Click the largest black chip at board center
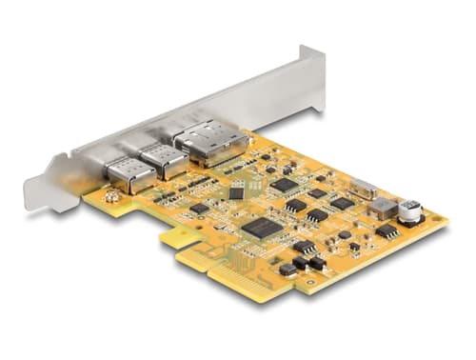click(x=261, y=228)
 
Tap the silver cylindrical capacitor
click(x=410, y=211)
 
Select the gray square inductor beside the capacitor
click(x=383, y=208)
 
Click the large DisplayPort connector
click(x=210, y=143)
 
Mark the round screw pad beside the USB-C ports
click(x=112, y=197)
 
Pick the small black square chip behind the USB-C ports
click(x=236, y=193)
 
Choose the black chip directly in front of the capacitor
click(x=387, y=231)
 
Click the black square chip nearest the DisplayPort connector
click(x=284, y=185)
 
